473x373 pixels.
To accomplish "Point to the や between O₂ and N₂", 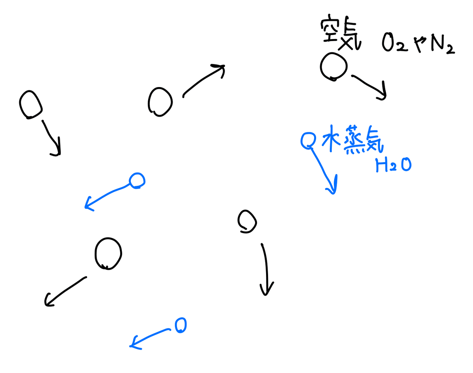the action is click(x=419, y=44).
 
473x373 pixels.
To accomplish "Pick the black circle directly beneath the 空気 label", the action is click(x=333, y=66).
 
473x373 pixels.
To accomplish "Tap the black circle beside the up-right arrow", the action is click(x=160, y=102).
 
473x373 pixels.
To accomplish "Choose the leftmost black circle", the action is click(x=30, y=104).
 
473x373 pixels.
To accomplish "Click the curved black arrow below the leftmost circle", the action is click(x=51, y=137).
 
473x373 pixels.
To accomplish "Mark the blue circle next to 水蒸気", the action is click(x=308, y=141).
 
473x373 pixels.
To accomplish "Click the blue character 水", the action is click(x=331, y=138).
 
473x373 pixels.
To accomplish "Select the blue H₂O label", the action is click(x=393, y=165).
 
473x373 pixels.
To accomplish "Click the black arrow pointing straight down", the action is click(x=266, y=269).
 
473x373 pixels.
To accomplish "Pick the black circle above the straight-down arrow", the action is click(x=247, y=221).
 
